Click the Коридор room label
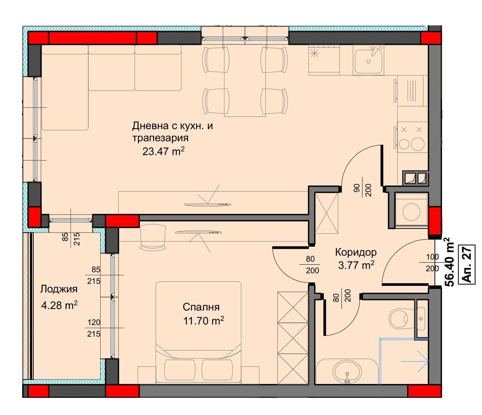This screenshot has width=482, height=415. pyautogui.click(x=356, y=252)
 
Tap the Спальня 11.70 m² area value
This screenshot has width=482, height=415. pyautogui.click(x=203, y=321)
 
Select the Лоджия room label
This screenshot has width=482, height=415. pyautogui.click(x=59, y=289)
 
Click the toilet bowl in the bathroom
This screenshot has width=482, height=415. pyautogui.click(x=399, y=318)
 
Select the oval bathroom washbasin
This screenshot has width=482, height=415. pyautogui.click(x=347, y=374)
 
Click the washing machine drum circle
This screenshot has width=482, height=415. pyautogui.click(x=411, y=212)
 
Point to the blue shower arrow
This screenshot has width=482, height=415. pyautogui.click(x=415, y=361)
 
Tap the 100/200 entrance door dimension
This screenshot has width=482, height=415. pyautogui.click(x=432, y=263)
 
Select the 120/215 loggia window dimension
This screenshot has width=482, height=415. pyautogui.click(x=94, y=328)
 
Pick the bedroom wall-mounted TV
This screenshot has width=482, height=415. pyautogui.click(x=198, y=232)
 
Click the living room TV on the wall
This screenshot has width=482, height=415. pyautogui.click(x=208, y=204)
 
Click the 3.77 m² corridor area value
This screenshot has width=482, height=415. pyautogui.click(x=356, y=265)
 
